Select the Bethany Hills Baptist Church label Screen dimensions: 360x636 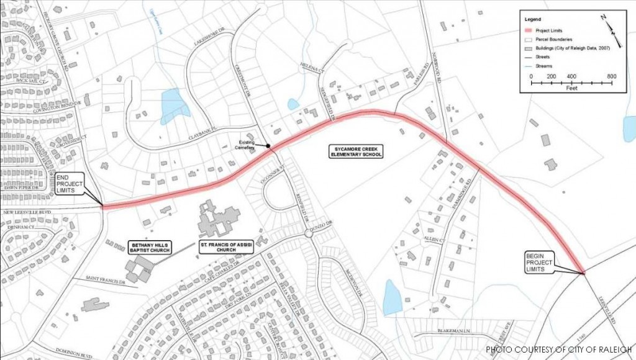pyautogui.click(x=148, y=247)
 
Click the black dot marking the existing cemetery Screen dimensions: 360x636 pyautogui.click(x=268, y=146)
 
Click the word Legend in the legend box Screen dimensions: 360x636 pyautogui.click(x=534, y=19)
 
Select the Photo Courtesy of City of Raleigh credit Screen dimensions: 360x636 pyautogui.click(x=558, y=349)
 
